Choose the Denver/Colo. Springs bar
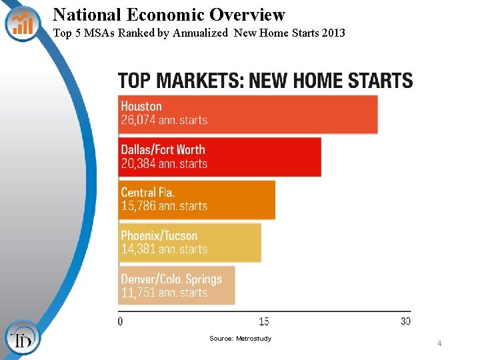coord(176,285)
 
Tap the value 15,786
coord(138,207)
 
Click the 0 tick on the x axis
coord(120,321)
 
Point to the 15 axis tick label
coord(264,321)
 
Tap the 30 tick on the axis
coord(406,321)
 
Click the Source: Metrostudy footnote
coord(240,339)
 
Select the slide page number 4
coord(439,343)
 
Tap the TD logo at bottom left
coord(22,339)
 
